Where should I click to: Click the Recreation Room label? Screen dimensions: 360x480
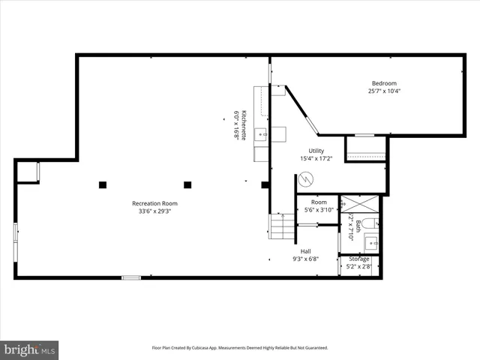pos(154,203)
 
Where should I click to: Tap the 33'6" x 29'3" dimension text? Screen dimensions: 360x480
pos(154,211)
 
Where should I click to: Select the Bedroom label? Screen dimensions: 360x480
pos(384,83)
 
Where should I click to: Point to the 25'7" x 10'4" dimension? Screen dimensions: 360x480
pos(384,91)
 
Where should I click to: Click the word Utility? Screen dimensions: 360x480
pos(316,151)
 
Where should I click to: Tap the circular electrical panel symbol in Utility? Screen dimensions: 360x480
pos(305,180)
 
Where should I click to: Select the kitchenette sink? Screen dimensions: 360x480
pos(260,135)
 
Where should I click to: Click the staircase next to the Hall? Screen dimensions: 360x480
pos(282,226)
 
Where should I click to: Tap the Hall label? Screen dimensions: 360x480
pos(306,251)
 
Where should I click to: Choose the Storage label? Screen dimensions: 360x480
pos(359,259)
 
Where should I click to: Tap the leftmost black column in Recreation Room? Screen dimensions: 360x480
pos(102,184)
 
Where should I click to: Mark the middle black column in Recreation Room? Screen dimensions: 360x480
pos(187,184)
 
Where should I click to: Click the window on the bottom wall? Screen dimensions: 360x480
pos(131,277)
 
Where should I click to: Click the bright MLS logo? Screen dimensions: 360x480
pos(29,349)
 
